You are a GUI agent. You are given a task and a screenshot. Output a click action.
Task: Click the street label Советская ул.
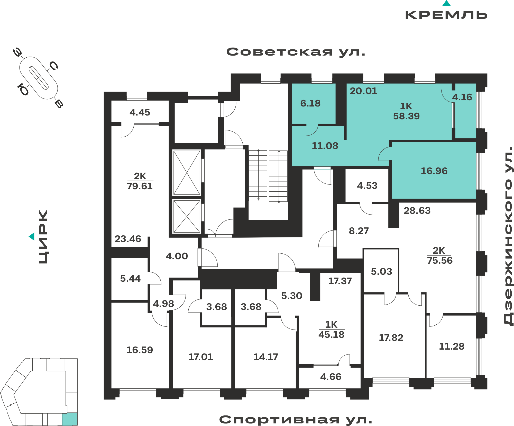(x=296, y=52)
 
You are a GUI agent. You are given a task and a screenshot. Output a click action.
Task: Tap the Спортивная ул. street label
(x=296, y=420)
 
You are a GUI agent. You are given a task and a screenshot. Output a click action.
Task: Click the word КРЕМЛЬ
(x=446, y=15)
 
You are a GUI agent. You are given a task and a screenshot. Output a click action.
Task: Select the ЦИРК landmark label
(x=43, y=237)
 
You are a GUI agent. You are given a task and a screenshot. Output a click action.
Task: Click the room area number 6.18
(x=310, y=103)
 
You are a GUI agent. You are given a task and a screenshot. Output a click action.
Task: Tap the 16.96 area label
(x=434, y=171)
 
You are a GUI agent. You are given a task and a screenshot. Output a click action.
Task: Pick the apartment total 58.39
(x=406, y=116)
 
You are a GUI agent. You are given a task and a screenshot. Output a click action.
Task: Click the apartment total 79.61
(x=140, y=186)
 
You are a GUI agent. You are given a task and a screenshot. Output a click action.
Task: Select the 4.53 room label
(x=367, y=186)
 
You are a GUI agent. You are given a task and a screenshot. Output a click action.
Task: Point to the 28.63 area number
(x=417, y=211)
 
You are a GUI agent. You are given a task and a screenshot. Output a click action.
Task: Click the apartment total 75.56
(x=440, y=261)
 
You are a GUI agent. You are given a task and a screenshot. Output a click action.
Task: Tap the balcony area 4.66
(x=331, y=377)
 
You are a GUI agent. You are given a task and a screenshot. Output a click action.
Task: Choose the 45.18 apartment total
(x=331, y=335)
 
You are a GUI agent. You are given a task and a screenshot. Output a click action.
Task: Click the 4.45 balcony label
(x=140, y=112)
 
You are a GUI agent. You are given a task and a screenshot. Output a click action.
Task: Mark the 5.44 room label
(x=131, y=279)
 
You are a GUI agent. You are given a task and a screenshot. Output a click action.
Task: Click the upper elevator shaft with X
(x=187, y=173)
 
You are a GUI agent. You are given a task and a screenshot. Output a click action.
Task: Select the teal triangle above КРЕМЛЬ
(x=446, y=3)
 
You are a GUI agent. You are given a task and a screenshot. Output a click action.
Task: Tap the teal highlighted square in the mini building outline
(x=70, y=419)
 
